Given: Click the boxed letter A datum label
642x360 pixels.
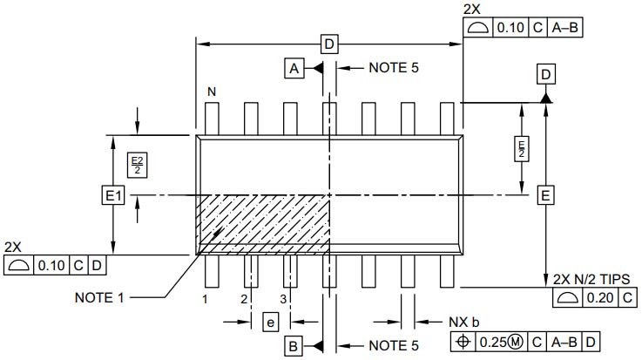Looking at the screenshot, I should pos(294,68).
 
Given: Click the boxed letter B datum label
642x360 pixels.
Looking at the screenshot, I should pos(294,346).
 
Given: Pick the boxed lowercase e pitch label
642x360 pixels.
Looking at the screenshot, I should pos(270,323).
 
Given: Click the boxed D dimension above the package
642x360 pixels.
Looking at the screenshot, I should pos(328,44).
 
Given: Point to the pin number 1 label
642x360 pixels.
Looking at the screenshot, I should pos(204,299).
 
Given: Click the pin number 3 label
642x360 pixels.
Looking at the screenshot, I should pos(283,299).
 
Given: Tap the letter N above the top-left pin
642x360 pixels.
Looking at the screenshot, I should pos(211,92).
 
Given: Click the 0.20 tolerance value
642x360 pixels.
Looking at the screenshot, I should pos(598,298).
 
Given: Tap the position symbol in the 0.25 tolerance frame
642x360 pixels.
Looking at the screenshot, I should pos(463,342).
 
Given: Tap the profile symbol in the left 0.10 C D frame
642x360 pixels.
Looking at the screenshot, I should pos(17,265).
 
